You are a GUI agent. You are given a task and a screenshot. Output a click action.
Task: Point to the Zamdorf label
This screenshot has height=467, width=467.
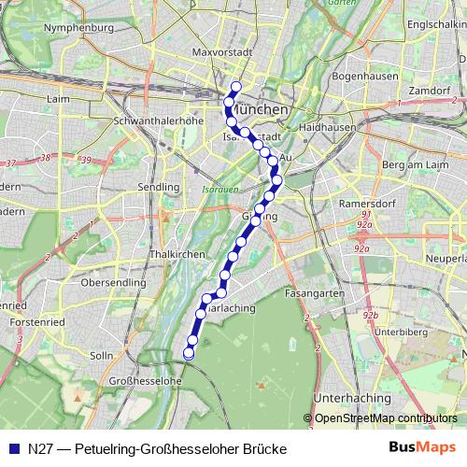click(x=428, y=90)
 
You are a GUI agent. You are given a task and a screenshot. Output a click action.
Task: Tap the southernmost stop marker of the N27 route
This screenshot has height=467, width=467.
click(x=189, y=353)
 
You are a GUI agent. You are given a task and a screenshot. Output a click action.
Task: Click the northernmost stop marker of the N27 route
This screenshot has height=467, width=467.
click(x=236, y=87)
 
